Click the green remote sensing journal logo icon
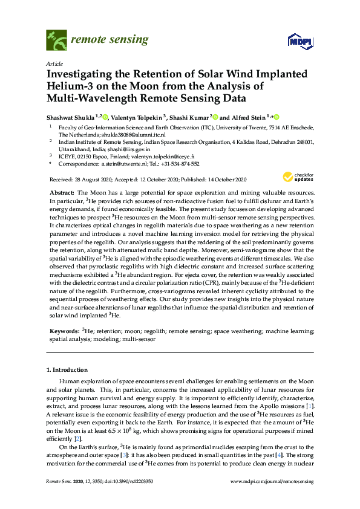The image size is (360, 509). click(56, 42)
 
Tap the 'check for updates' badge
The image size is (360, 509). click(294, 177)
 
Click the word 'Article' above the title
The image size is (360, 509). click(54, 63)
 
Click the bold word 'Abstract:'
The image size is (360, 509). click(61, 191)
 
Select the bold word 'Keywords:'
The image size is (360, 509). click(64, 332)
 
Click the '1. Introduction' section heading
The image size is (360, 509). click(67, 369)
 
